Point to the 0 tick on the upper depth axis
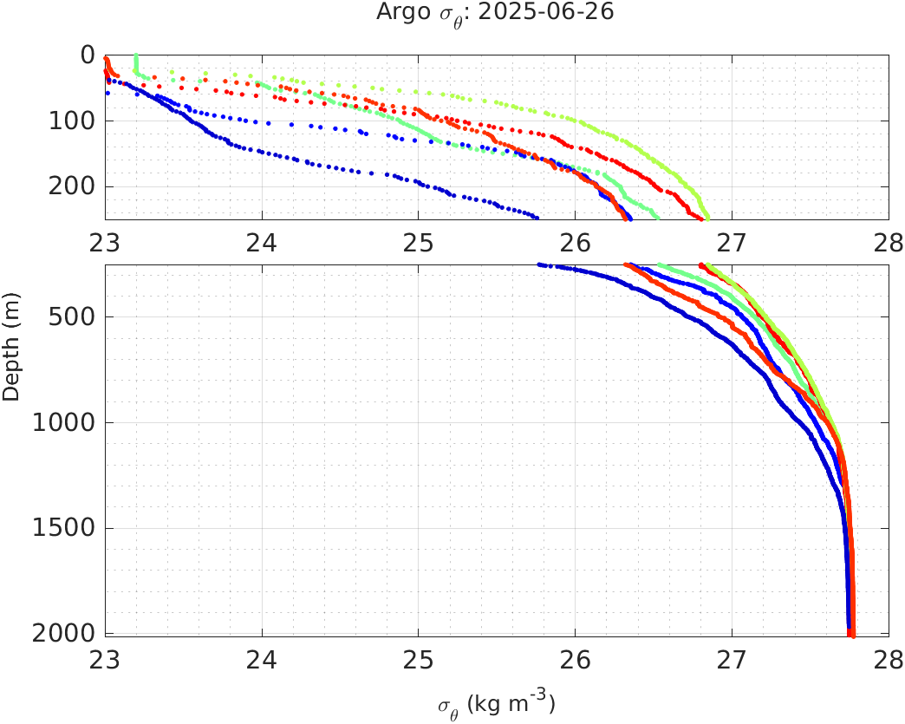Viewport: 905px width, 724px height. point(87,55)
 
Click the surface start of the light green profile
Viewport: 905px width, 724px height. point(135,55)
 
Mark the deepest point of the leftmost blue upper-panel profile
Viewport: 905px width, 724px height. point(537,218)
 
